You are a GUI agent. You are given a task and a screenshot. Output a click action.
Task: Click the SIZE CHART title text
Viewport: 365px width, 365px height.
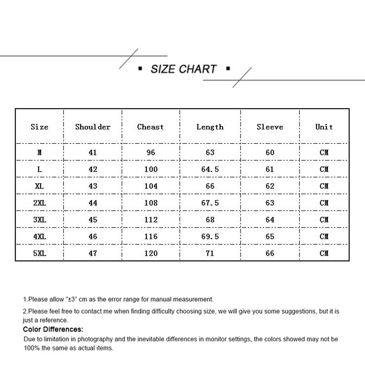point(184,69)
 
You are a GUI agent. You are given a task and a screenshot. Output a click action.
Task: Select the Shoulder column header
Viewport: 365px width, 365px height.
point(93,127)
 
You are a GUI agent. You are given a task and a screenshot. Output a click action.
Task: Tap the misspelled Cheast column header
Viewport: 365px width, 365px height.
point(150,127)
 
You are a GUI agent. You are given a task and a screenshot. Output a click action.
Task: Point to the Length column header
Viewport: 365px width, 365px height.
point(210,127)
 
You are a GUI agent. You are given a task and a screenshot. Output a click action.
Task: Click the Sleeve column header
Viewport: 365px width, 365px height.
point(270,127)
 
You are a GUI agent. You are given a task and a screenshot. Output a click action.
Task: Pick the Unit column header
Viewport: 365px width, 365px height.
point(324,127)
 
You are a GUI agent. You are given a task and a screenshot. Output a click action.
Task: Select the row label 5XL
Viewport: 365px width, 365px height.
point(39,253)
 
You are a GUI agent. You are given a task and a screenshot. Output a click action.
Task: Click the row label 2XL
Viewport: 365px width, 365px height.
point(39,203)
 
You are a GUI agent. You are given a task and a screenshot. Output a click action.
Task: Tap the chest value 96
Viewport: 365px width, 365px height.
point(151,153)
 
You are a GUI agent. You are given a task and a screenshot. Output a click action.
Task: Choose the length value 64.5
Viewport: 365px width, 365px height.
point(210,169)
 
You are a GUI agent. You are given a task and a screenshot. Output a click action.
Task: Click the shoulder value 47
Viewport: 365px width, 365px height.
point(93,253)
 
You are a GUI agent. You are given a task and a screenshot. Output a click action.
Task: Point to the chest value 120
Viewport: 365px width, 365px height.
point(151,253)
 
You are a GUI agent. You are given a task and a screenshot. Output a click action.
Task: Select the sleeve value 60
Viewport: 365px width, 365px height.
point(270,153)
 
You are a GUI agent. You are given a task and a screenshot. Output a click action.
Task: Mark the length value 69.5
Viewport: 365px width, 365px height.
point(210,237)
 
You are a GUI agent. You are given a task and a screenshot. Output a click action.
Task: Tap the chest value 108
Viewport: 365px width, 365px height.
point(151,203)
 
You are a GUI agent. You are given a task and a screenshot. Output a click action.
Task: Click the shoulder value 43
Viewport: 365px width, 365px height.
point(93,186)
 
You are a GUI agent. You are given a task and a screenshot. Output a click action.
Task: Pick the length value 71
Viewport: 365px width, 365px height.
point(210,253)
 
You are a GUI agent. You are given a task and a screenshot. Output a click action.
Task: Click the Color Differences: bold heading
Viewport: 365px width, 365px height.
point(53,330)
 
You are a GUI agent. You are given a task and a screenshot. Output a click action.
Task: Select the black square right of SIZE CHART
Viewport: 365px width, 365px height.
point(228,68)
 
